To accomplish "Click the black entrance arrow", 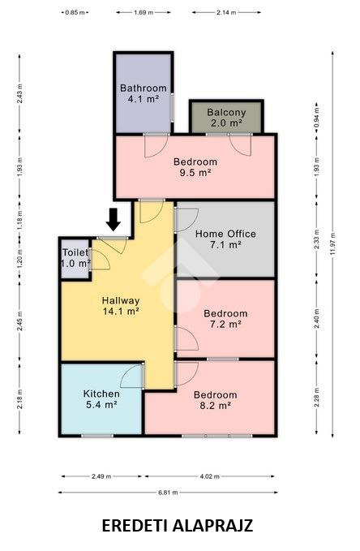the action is (114, 220).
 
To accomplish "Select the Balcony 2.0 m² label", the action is (226, 118).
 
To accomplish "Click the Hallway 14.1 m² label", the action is (121, 305).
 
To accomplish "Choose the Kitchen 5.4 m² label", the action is (101, 399).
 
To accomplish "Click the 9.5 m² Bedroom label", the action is (195, 167).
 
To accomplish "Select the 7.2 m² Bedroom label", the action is (225, 318).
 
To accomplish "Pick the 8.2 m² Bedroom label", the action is (216, 400).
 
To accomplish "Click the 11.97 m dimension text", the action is (332, 244).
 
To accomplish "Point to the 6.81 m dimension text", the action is (168, 493).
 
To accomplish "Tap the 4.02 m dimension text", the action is (210, 476).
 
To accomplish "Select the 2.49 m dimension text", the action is (101, 476).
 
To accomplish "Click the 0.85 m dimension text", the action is (75, 13).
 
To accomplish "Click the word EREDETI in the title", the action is (135, 526).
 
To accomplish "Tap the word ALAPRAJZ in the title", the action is (213, 526).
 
